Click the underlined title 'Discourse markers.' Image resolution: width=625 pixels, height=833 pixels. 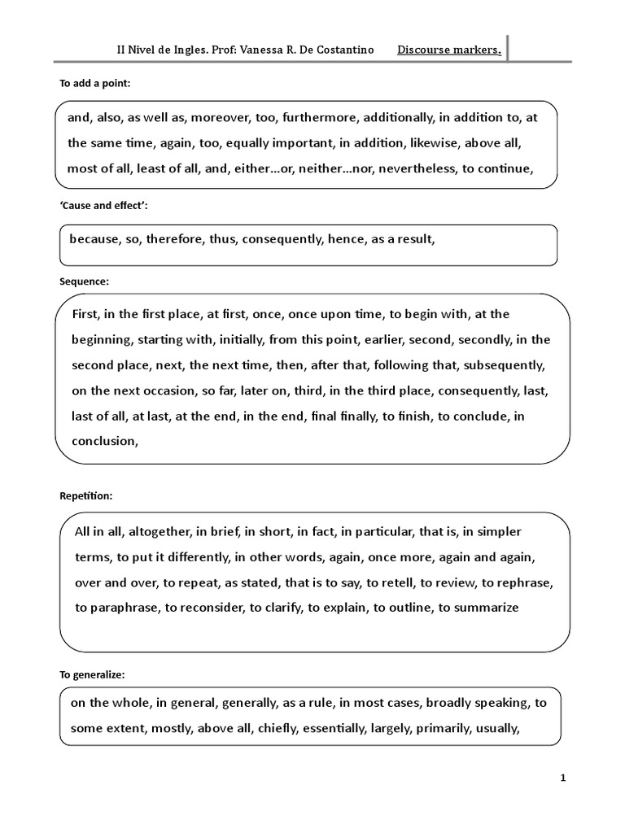pos(448,50)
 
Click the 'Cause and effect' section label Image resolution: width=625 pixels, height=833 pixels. pos(103,207)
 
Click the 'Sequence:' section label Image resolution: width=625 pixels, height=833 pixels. pos(84,281)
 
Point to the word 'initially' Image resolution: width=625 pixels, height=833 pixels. pos(238,339)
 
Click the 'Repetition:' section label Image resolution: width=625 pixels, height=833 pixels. pos(86,495)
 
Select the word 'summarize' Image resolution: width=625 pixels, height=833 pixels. pos(479,608)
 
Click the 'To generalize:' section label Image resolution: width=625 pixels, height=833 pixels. pos(92,674)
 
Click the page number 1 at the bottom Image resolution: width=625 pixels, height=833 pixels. pos(563,778)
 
